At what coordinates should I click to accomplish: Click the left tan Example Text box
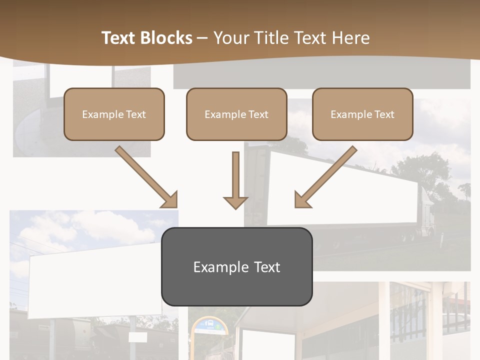(114, 114)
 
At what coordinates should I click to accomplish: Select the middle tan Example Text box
(236, 114)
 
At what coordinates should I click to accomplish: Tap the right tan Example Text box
(362, 114)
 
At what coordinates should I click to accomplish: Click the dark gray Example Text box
(236, 266)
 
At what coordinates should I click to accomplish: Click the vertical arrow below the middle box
(235, 180)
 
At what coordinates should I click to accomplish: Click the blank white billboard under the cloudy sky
(95, 280)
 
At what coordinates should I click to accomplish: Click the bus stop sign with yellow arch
(209, 327)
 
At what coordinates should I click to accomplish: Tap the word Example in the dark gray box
(214, 267)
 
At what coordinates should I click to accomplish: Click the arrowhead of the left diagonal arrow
(170, 200)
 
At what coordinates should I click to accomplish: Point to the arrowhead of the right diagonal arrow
(302, 200)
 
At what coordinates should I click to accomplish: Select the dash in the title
(202, 38)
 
